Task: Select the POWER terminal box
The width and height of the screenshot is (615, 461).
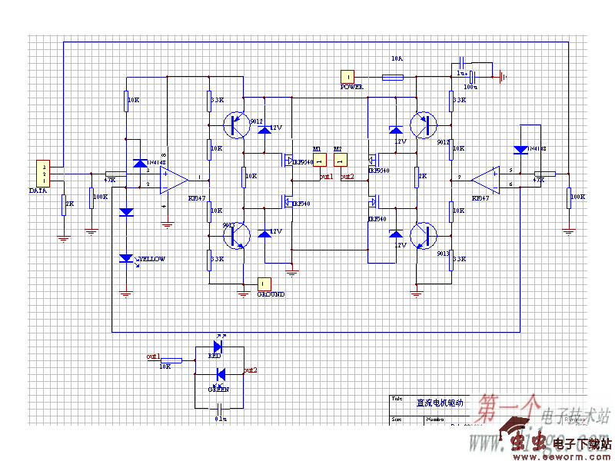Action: (x=348, y=76)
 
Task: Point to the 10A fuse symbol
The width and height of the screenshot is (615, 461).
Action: (x=393, y=77)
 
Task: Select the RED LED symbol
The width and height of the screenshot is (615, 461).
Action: (x=218, y=347)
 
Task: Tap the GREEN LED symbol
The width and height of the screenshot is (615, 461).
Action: (x=220, y=374)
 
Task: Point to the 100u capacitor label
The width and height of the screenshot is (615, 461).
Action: (x=470, y=88)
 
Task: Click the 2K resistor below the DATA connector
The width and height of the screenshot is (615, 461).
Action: (x=65, y=204)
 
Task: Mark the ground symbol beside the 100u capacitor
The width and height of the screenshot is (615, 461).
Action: (x=502, y=76)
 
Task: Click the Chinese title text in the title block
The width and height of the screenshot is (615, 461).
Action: (x=435, y=402)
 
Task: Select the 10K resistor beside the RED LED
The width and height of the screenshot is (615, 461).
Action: (x=171, y=360)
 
